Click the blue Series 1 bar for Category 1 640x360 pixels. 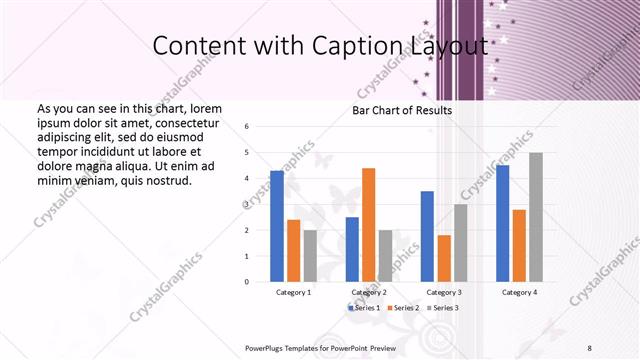pos(277,226)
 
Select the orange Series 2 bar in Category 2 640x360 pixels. pos(368,225)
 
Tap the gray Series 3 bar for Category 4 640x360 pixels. pos(536,217)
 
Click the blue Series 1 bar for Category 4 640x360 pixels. pos(502,223)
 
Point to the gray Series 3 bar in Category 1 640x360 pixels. pos(310,256)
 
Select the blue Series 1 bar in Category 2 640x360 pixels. pos(352,249)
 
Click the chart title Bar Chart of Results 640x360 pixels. pos(402,110)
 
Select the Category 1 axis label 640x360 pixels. pos(293,292)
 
